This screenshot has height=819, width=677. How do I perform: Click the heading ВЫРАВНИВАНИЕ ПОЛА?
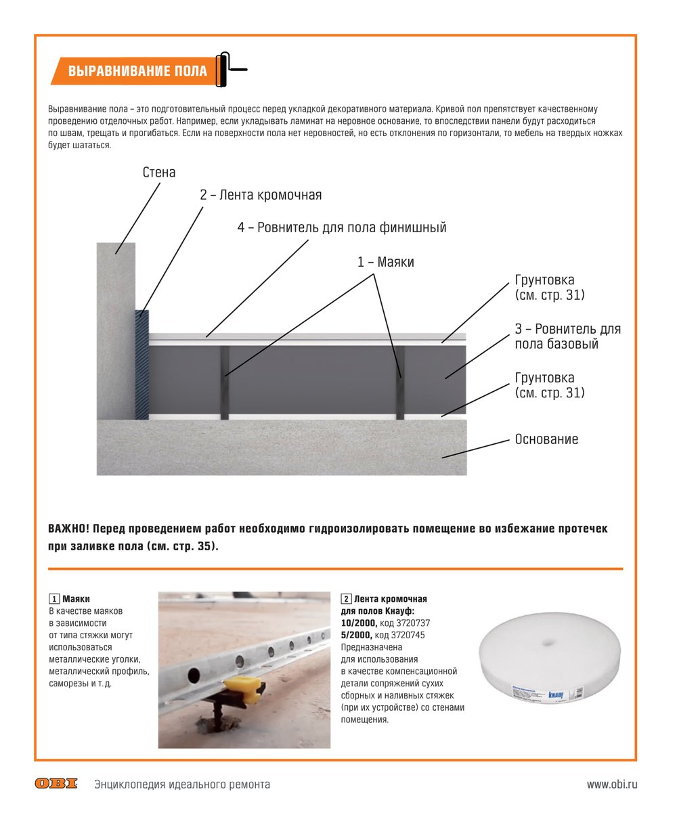click(x=137, y=71)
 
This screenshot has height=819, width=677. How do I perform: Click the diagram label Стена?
click(x=159, y=173)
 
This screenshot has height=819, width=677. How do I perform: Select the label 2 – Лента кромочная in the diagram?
click(x=261, y=196)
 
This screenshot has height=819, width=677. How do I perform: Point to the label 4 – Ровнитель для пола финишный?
click(x=342, y=228)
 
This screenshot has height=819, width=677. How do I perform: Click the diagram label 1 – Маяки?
click(x=386, y=263)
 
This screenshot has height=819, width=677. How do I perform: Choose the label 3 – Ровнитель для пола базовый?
click(x=567, y=336)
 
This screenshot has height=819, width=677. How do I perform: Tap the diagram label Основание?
click(x=546, y=439)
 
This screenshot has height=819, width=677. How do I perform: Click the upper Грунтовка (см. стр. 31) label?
click(x=549, y=288)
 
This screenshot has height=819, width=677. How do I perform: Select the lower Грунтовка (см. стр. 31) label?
click(x=549, y=385)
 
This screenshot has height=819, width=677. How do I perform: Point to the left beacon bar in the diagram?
click(x=225, y=382)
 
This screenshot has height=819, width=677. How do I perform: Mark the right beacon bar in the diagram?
click(x=400, y=382)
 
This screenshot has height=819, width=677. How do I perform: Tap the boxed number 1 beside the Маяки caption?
click(x=53, y=599)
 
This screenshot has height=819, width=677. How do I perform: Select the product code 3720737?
click(x=413, y=623)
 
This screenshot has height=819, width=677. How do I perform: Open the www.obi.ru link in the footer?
click(x=612, y=784)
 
